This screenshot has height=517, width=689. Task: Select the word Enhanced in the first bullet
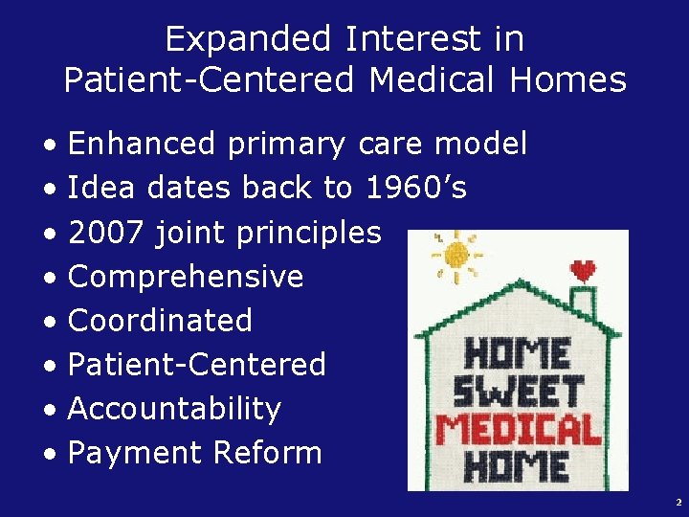pyautogui.click(x=143, y=144)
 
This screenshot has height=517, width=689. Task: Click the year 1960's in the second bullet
pyautogui.click(x=416, y=189)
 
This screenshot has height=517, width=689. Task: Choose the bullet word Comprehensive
pyautogui.click(x=186, y=277)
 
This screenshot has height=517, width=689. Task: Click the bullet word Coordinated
pyautogui.click(x=160, y=321)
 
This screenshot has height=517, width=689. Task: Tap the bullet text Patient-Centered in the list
pyautogui.click(x=197, y=365)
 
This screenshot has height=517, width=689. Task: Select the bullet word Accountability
pyautogui.click(x=175, y=409)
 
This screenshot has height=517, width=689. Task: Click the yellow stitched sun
pyautogui.click(x=456, y=254)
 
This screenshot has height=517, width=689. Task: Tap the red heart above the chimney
pyautogui.click(x=583, y=271)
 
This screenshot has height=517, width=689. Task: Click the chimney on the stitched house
pyautogui.click(x=583, y=299)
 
